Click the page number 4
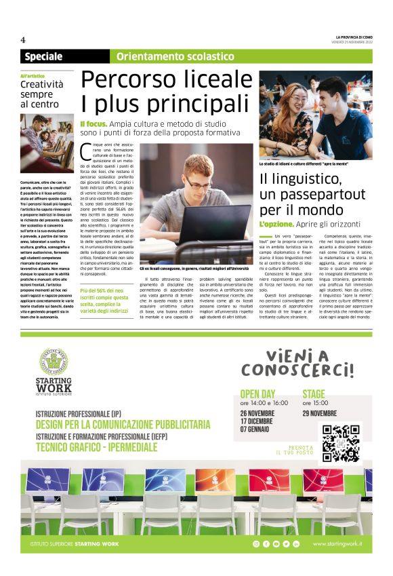click(23, 39)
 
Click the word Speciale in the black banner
click(43, 56)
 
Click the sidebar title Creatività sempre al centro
click(41, 94)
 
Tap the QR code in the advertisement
click(341, 443)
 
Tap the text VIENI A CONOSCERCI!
click(297, 364)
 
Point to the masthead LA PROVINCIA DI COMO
click(353, 37)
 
